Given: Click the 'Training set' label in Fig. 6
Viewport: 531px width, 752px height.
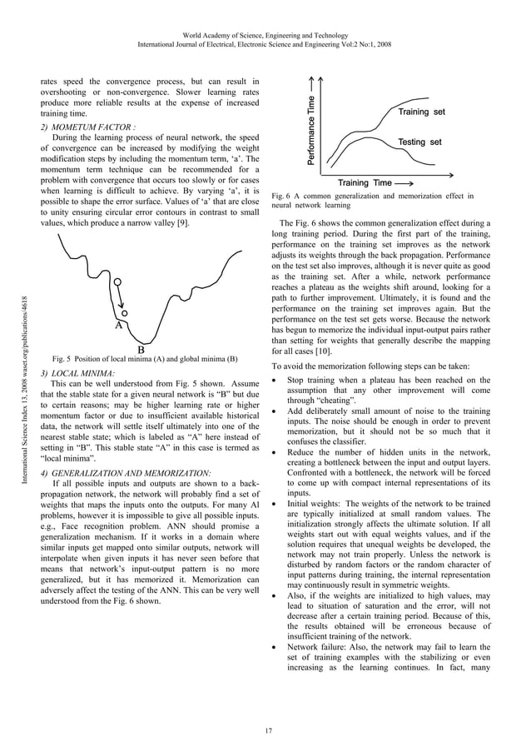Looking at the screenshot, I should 421,112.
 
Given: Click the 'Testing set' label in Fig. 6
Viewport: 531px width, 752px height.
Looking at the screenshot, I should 419,142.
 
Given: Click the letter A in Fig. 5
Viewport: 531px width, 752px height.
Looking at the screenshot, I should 119,327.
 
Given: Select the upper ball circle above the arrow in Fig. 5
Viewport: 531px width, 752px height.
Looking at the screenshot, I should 118,282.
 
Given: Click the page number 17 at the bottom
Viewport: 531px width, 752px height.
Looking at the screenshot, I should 265,731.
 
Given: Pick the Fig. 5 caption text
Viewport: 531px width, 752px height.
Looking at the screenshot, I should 142,359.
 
